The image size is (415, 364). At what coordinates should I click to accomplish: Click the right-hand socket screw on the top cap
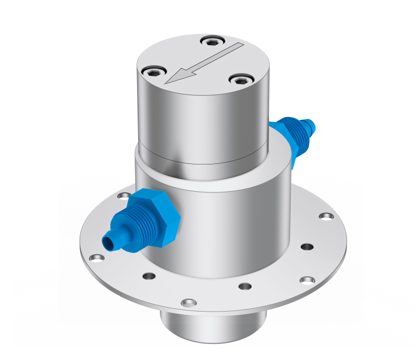coord(240,80)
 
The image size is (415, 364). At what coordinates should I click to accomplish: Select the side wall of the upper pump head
coord(203,123)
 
